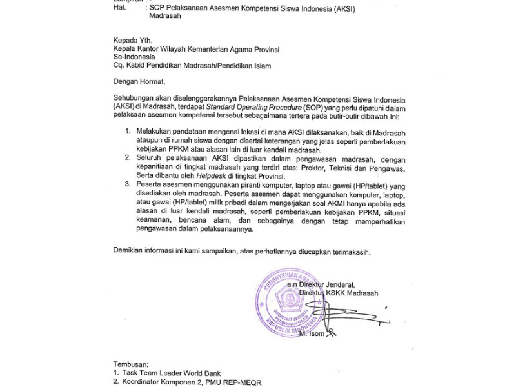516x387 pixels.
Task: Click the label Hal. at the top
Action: (119, 8)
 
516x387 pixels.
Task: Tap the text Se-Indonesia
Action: (137, 56)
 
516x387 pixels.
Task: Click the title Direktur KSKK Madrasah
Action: (353, 293)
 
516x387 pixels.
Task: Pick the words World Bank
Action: (206, 372)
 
